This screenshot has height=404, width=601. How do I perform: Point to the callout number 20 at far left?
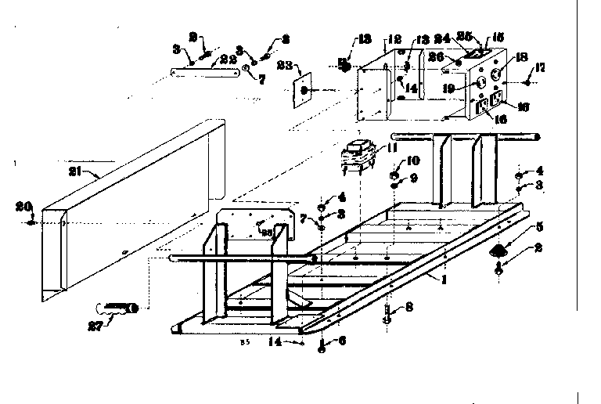[x=21, y=207]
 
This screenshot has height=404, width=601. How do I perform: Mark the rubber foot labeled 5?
[x=498, y=251]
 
